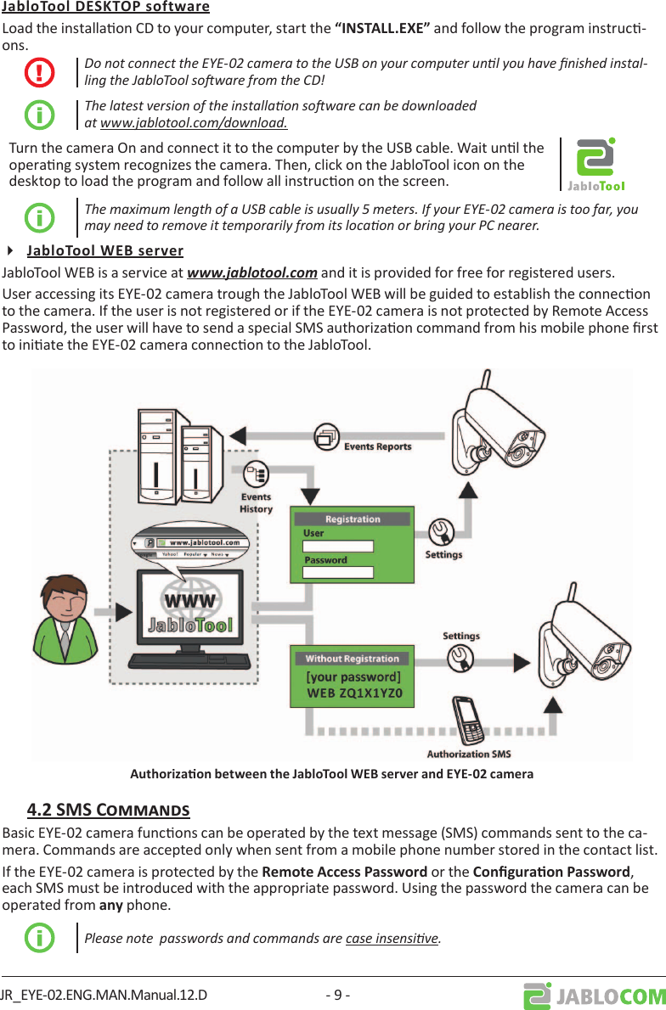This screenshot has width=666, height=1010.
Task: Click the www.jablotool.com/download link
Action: [193, 122]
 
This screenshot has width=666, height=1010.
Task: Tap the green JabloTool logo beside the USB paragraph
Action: [595, 165]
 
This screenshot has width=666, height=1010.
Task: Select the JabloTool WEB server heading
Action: [105, 250]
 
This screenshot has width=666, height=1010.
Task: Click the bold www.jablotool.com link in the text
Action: [252, 272]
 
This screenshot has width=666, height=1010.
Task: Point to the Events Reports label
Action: [377, 446]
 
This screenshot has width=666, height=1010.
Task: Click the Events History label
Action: [256, 502]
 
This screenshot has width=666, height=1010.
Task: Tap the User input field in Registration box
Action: [338, 546]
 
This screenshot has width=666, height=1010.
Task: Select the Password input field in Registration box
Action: [338, 572]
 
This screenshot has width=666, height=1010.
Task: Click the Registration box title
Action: [353, 519]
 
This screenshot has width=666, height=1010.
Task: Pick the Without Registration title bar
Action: [352, 659]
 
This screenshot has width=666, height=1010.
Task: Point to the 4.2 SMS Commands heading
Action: [108, 809]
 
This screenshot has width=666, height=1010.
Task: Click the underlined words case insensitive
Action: [392, 938]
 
